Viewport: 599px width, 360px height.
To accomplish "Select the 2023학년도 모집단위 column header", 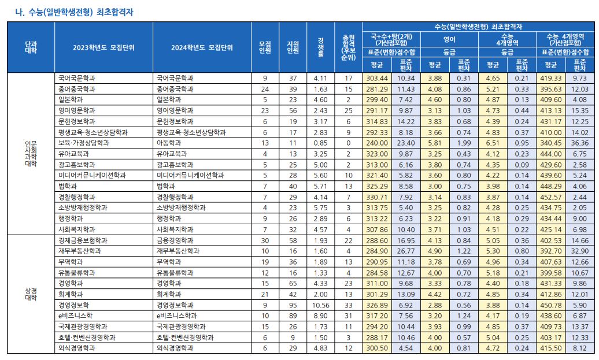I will pyautogui.click(x=103, y=47).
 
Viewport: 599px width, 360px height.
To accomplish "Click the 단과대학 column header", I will pyautogui.click(x=31, y=47).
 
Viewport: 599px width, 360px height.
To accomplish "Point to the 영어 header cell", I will pyautogui.click(x=449, y=39).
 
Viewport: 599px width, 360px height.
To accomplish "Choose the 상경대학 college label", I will pyautogui.click(x=31, y=294).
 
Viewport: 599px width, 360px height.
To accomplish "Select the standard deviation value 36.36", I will pyautogui.click(x=579, y=143).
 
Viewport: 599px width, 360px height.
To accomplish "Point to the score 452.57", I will pyautogui.click(x=550, y=197).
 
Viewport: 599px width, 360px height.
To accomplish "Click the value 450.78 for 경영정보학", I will pyautogui.click(x=550, y=305).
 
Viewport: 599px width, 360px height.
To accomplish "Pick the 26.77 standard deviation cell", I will pyautogui.click(x=406, y=251).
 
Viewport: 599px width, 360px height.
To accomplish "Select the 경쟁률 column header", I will pyautogui.click(x=321, y=47).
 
